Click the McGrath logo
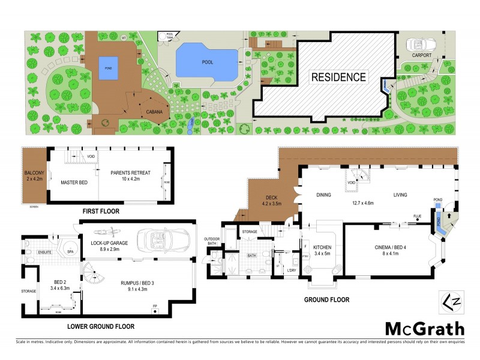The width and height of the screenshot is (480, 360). [424, 328]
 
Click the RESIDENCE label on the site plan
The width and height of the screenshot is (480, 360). [338, 77]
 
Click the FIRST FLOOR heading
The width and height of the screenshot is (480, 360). [101, 211]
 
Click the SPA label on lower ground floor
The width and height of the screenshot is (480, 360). [70, 252]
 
